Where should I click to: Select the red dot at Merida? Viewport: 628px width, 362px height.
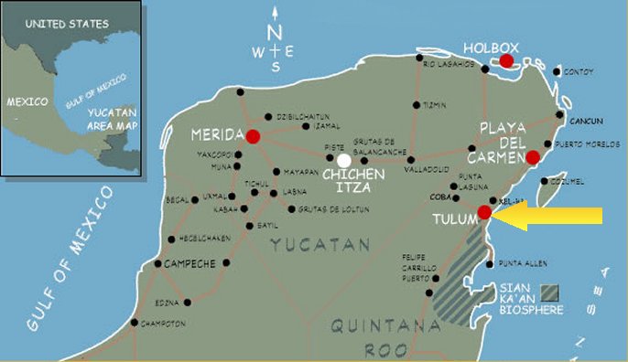[253, 136]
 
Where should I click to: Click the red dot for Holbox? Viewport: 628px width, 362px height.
[506, 61]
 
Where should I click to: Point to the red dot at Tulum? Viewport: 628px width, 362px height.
[485, 213]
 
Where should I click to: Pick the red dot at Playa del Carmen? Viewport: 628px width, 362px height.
[534, 156]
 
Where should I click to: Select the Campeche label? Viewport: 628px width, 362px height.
[189, 263]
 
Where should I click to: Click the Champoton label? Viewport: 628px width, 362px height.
[165, 324]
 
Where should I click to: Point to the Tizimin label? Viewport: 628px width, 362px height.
[436, 105]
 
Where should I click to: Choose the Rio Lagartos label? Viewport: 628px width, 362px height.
[449, 64]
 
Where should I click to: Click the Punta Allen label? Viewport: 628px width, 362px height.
[524, 264]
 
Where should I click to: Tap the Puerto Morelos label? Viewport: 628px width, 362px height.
[586, 144]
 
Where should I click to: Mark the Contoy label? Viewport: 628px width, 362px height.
[579, 71]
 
